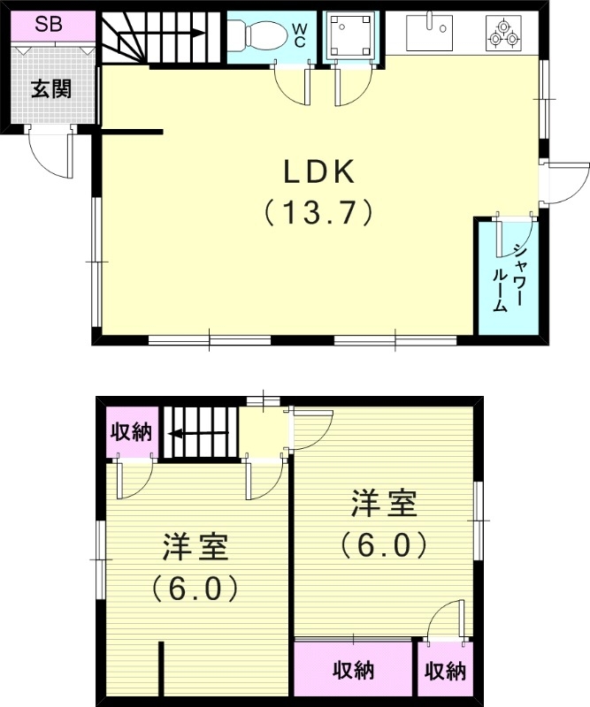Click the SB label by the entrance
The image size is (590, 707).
click(x=48, y=24)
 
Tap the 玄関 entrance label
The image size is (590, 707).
click(x=50, y=89)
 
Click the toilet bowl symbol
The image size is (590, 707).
click(x=257, y=36)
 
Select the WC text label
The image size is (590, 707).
click(x=300, y=35)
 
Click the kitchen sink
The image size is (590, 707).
click(x=430, y=33)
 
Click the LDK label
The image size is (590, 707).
click(x=318, y=170)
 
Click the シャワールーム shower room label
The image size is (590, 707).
click(x=508, y=277)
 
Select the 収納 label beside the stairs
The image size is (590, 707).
click(x=131, y=432)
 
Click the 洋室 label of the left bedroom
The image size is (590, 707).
click(x=195, y=547)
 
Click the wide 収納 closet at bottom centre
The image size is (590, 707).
click(x=353, y=671)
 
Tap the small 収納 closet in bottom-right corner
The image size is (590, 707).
click(x=444, y=671)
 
